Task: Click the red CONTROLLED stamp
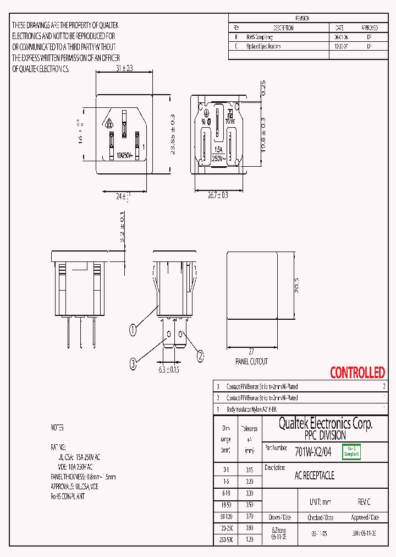357,373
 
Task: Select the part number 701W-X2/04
313,452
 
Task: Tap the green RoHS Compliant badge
351,452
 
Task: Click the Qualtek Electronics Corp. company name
326,423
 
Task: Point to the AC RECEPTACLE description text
315,475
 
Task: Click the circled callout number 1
133,330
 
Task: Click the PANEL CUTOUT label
251,362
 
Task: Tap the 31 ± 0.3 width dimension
125,68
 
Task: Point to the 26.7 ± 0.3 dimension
218,195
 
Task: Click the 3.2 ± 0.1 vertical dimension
122,229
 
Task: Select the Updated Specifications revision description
263,47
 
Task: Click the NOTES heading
57,428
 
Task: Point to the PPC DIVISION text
326,435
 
